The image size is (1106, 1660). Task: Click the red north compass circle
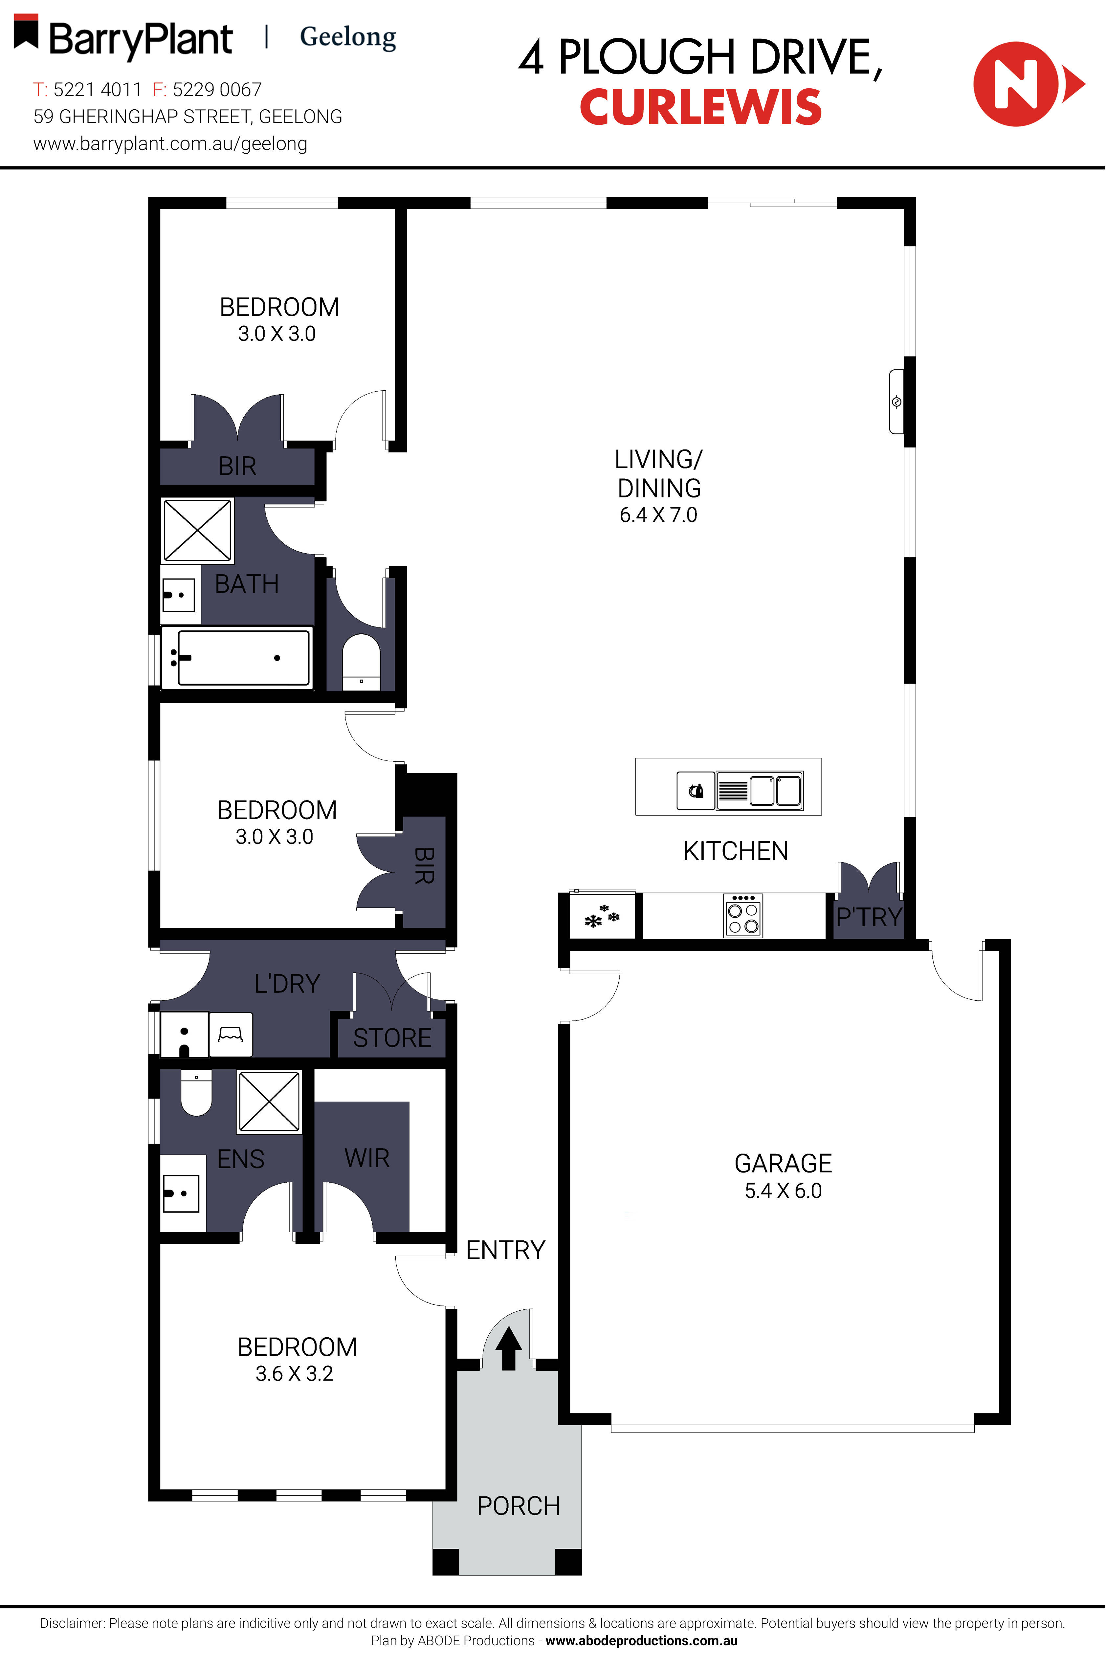coord(1016,84)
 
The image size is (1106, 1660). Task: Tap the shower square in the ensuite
coord(269,1102)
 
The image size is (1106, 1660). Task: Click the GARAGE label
coord(783,1163)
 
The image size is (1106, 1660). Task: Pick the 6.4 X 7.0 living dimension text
coord(658,515)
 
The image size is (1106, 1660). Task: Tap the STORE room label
coord(392,1038)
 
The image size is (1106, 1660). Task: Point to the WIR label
coord(367,1158)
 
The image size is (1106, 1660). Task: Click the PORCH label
coord(519,1506)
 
